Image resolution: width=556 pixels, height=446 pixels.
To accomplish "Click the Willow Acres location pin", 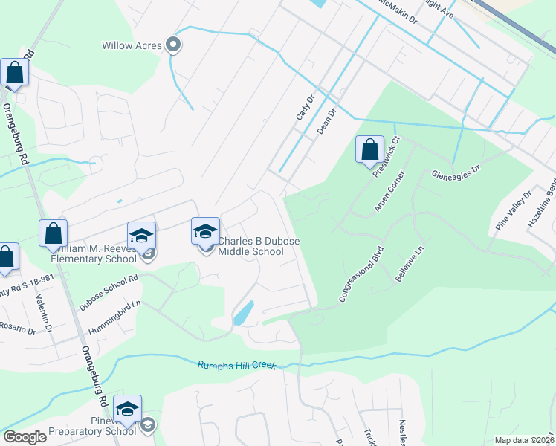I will (x=174, y=46).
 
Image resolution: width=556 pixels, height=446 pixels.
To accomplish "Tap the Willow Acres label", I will (x=132, y=46).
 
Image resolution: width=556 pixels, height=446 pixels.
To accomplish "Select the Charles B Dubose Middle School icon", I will (x=206, y=231).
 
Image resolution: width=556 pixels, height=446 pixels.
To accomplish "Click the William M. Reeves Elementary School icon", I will (x=141, y=236).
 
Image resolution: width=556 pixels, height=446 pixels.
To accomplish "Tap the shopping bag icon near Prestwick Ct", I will (x=369, y=150).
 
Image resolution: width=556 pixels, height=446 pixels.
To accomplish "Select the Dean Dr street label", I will (x=327, y=120).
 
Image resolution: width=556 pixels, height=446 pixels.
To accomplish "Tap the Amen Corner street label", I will (x=389, y=192).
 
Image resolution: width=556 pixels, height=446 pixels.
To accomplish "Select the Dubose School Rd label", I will (x=109, y=288).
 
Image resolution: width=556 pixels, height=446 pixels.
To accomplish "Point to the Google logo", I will (x=24, y=437).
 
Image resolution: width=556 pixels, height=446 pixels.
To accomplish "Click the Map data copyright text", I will (x=525, y=440).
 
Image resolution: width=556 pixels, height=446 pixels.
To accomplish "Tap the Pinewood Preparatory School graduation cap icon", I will (x=127, y=410).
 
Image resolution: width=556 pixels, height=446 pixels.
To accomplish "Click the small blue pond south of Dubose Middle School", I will (x=243, y=313).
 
